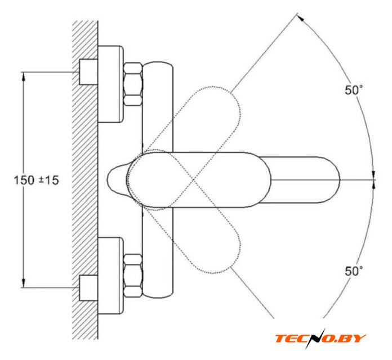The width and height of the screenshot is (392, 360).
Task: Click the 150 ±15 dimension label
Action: [36, 180]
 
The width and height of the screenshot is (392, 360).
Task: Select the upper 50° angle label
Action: [354, 90]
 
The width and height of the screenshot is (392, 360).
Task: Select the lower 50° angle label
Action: [354, 271]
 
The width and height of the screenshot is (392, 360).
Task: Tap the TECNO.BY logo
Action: [320, 338]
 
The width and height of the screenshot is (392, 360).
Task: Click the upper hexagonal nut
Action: [133, 84]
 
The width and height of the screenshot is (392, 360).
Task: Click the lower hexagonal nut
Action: [133, 276]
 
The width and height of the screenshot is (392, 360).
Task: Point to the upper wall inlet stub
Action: [88, 72]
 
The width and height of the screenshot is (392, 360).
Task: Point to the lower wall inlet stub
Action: [88, 288]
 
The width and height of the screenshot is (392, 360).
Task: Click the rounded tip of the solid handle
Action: [340, 180]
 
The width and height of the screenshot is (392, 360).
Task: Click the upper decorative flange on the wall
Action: [110, 84]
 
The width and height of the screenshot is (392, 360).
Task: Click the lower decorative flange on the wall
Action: [110, 276]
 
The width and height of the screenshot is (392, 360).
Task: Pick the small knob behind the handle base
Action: [117, 179]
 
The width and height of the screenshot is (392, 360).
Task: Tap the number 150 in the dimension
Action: [24, 180]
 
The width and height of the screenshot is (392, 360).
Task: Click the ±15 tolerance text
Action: [49, 180]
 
